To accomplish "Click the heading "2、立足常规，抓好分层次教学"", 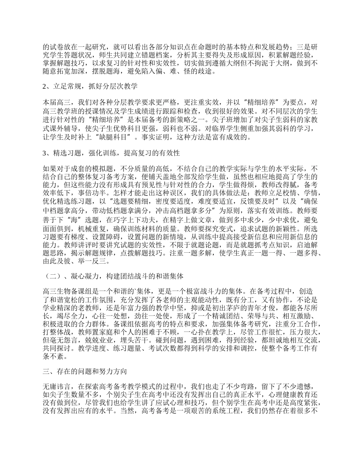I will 89,87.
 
